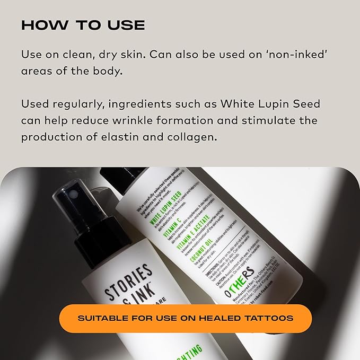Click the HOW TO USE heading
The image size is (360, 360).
coord(83,25)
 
